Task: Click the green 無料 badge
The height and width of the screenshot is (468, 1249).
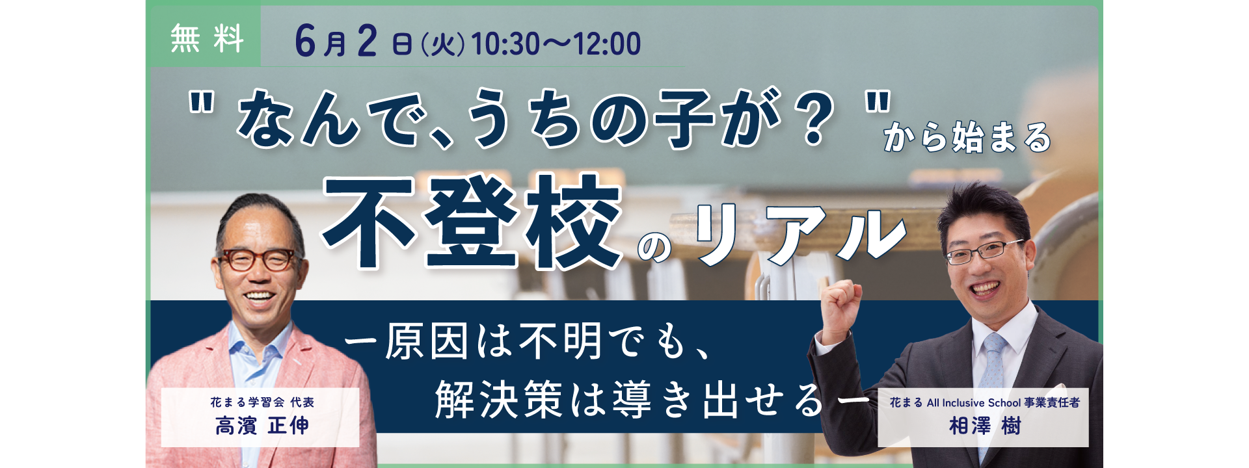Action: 206,38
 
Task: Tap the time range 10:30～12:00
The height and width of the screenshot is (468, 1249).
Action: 556,44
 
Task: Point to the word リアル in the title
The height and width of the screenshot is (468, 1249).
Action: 800,234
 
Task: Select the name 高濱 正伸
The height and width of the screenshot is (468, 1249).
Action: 262,426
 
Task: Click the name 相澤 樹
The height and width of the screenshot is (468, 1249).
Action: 985,426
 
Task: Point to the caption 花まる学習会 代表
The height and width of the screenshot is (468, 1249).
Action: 262,402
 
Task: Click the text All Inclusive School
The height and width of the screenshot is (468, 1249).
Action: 974,403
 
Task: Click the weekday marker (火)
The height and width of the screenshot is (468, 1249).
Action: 443,45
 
